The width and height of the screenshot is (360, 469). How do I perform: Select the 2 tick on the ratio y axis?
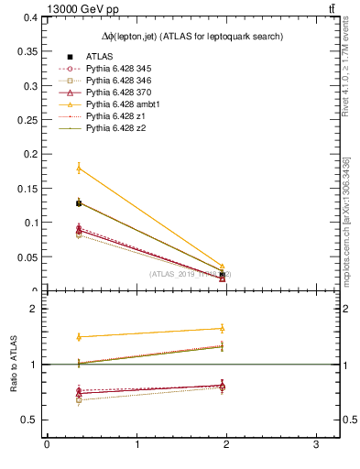[37, 310]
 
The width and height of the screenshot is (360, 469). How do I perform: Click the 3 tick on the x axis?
[315, 444]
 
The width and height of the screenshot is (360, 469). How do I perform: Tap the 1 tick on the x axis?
[136, 444]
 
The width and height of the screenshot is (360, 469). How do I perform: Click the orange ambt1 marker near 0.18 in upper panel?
[79, 168]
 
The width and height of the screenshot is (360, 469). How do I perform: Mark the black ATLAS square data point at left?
[79, 203]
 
